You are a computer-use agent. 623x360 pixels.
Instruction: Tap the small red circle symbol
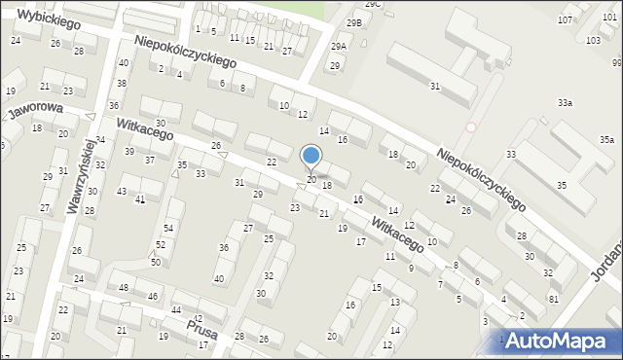click(x=472, y=127)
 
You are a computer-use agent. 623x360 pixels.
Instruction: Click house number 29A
click(x=339, y=47)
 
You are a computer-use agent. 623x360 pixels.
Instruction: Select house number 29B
click(x=355, y=22)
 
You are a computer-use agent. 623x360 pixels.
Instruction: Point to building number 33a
click(x=565, y=102)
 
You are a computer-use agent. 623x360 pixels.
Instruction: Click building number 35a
click(x=606, y=140)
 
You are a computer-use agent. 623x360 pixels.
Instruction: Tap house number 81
click(x=553, y=299)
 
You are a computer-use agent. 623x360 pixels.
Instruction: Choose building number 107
click(x=592, y=19)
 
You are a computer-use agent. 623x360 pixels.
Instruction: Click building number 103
click(x=594, y=41)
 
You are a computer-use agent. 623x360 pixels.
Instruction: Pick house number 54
click(x=168, y=228)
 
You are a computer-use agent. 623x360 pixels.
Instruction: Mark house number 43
click(x=122, y=191)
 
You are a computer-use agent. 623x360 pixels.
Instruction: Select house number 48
click(x=124, y=288)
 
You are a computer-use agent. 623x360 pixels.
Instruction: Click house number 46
click(x=153, y=296)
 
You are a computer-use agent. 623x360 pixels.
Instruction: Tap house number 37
click(x=149, y=159)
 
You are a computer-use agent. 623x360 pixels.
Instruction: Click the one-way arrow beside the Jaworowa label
click(x=90, y=117)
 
